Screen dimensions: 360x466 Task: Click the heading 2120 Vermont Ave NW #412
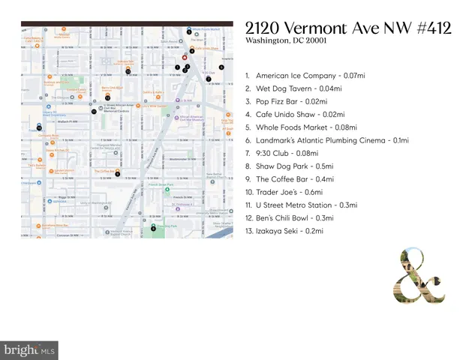tap(347, 28)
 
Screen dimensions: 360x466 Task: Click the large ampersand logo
tap(422, 277)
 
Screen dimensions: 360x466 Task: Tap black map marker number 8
tap(154, 229)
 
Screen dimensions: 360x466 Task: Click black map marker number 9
tap(118, 173)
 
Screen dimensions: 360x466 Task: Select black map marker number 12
tap(108, 97)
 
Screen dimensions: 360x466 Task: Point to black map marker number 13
tap(128, 71)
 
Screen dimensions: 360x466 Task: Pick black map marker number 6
tap(221, 67)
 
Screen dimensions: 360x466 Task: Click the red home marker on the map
tap(185, 57)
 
